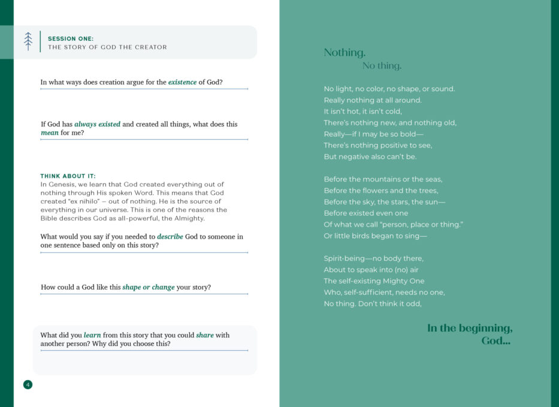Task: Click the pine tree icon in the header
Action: tap(28, 41)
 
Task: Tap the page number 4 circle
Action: tap(28, 384)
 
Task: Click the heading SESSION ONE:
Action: tap(71, 38)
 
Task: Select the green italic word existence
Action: tap(182, 82)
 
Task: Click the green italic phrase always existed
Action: tap(97, 124)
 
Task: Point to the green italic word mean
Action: tap(50, 132)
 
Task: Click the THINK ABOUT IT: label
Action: tap(68, 176)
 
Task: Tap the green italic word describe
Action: tap(170, 236)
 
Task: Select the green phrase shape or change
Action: tap(149, 287)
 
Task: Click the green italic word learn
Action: tap(92, 335)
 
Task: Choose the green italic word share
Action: tap(205, 335)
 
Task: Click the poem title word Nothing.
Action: tap(345, 53)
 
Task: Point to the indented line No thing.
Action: tap(382, 66)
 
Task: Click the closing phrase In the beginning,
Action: tap(470, 328)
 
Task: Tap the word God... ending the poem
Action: tap(495, 341)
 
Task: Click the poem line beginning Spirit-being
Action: tap(373, 258)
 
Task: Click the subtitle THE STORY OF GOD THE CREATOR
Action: tap(107, 47)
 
